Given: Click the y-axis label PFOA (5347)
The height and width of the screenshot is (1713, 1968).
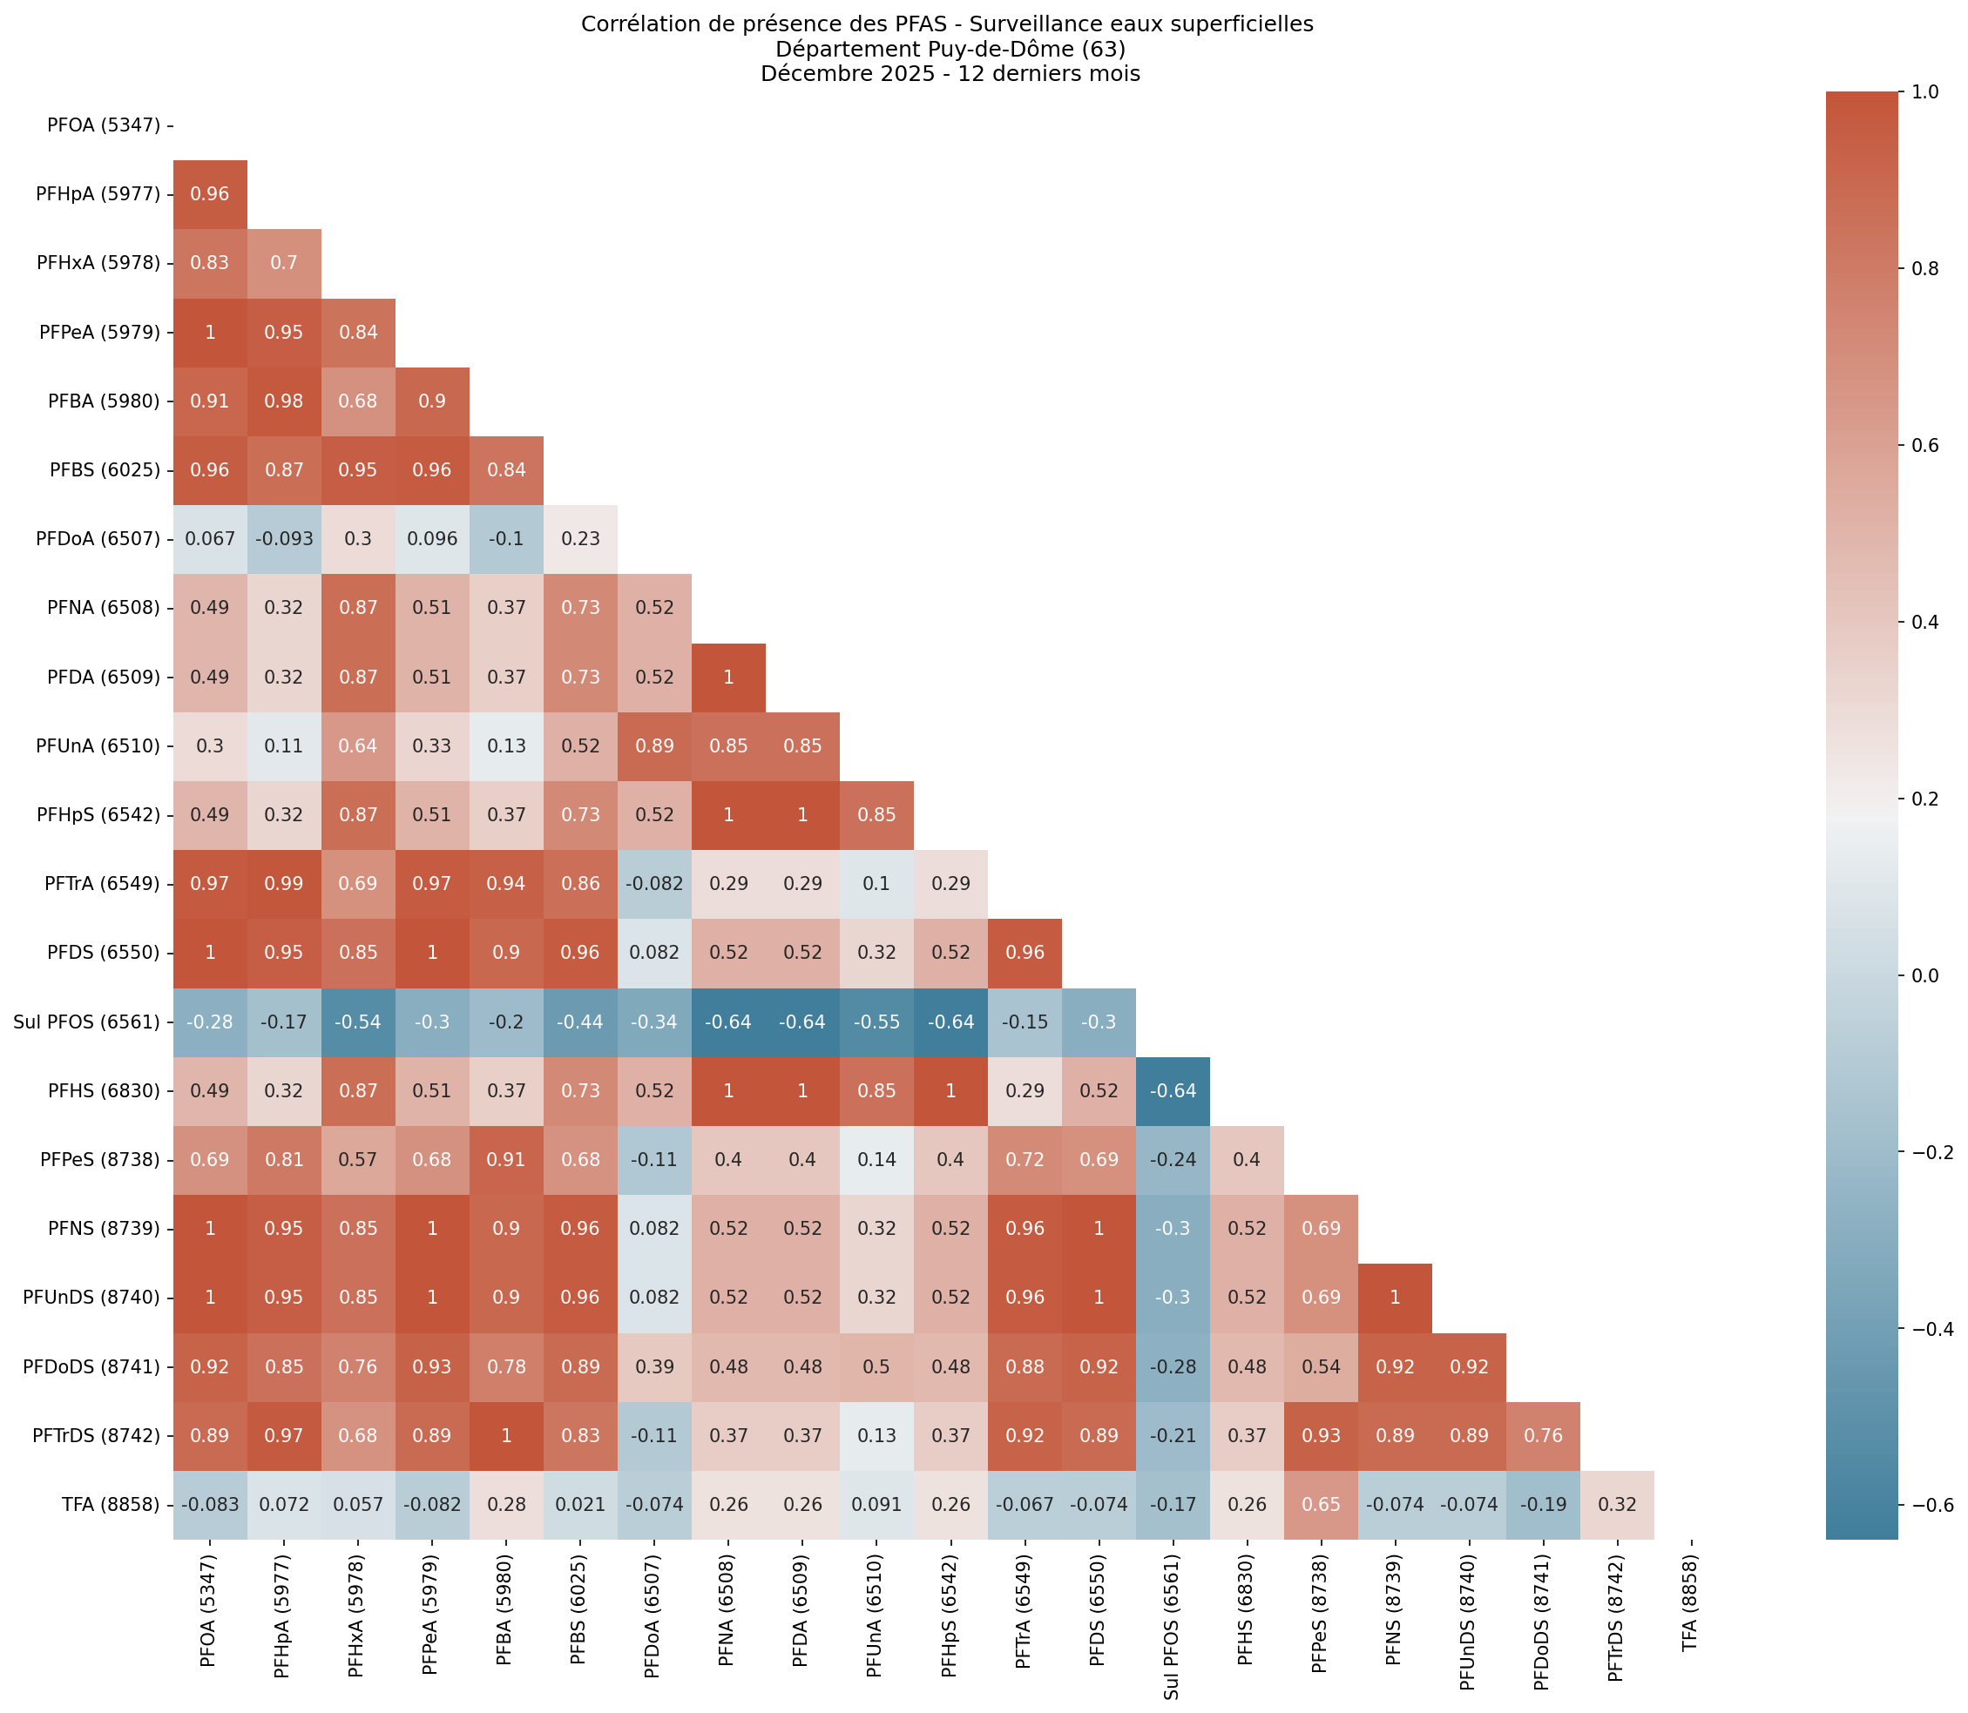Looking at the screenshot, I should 105,125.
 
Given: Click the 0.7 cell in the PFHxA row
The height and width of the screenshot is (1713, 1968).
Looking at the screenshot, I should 284,263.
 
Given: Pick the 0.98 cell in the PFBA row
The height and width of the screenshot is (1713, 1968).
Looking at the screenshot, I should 284,401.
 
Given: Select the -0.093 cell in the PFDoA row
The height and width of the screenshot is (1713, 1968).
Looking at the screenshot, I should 284,539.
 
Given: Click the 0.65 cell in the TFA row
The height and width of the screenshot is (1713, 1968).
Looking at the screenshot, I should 1321,1505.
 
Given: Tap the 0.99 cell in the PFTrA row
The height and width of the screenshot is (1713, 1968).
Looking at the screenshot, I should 284,884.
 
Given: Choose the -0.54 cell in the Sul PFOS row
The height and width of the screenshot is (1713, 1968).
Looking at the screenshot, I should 358,1022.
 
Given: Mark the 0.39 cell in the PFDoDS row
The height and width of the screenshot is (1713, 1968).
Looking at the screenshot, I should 654,1367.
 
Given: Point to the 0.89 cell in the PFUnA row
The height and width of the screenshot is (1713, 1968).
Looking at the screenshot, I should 654,745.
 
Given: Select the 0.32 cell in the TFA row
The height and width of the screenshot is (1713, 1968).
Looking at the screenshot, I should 1616,1505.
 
